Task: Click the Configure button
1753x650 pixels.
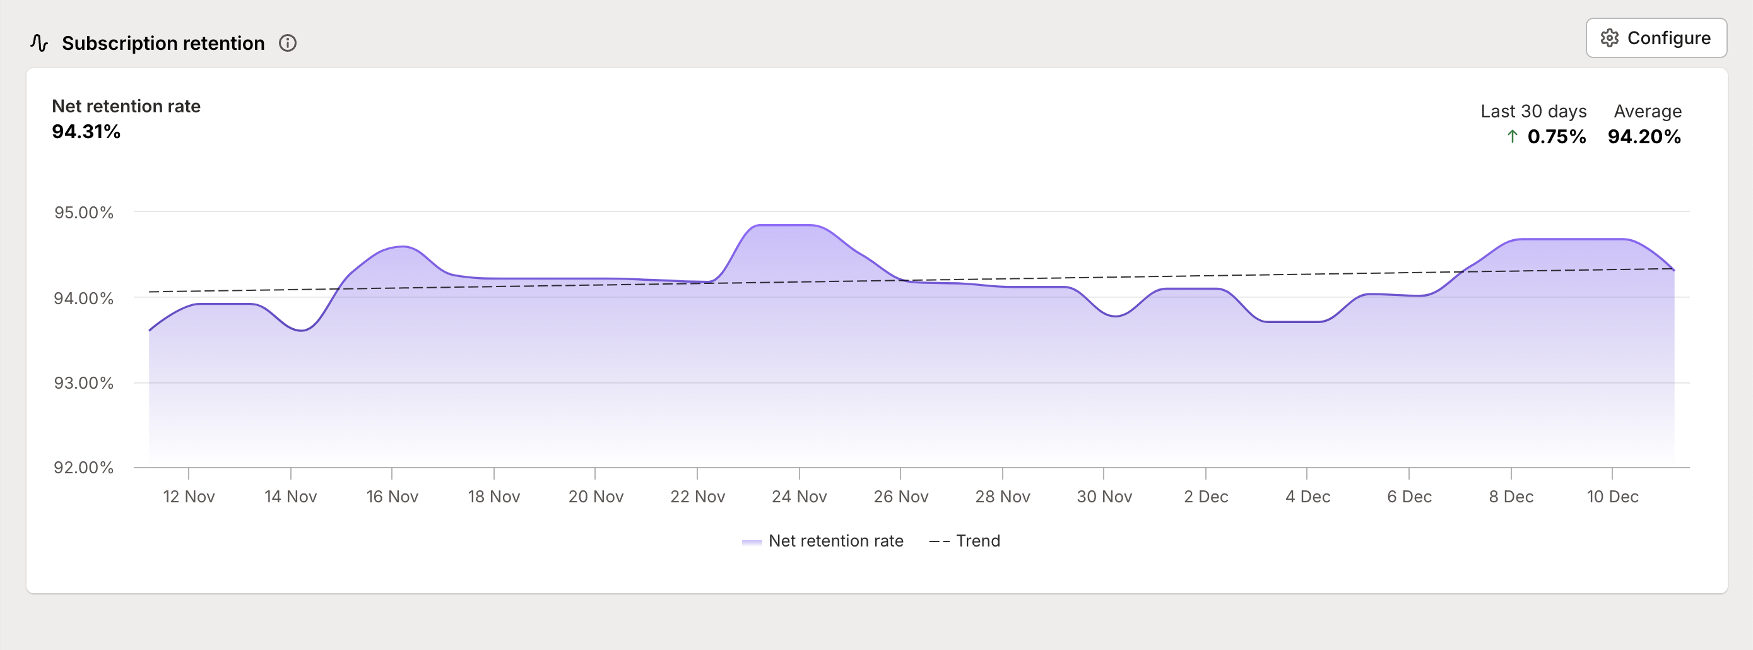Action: (x=1656, y=38)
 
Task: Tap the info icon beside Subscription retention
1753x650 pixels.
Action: (x=288, y=44)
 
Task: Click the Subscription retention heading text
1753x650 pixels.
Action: (x=163, y=44)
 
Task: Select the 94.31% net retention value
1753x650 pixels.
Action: (x=86, y=132)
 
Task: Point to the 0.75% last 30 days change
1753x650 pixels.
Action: (x=1556, y=137)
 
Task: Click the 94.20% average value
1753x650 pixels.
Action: (x=1644, y=137)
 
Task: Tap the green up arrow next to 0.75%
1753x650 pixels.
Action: (x=1512, y=137)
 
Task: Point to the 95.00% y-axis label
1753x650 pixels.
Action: (x=84, y=213)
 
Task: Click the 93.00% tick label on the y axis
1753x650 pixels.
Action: (x=84, y=383)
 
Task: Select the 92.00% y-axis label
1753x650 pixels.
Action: (x=84, y=468)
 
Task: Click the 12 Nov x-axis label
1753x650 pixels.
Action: (x=189, y=497)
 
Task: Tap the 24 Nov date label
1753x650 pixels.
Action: (x=799, y=497)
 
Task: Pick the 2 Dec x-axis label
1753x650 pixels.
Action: (x=1206, y=497)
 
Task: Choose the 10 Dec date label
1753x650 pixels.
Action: (x=1612, y=497)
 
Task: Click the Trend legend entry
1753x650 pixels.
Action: (x=965, y=541)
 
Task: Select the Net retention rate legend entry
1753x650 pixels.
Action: (x=823, y=541)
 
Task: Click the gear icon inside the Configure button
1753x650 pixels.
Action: (x=1609, y=38)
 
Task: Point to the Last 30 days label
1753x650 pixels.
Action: (x=1533, y=112)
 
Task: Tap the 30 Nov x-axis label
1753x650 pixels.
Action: (x=1104, y=497)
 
